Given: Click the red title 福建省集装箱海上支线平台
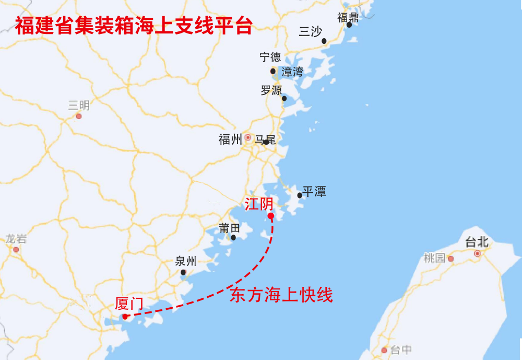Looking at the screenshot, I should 133,25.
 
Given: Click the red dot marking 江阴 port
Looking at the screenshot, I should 270,216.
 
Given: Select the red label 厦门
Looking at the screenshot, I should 129,304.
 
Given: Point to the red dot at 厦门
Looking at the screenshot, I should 125,316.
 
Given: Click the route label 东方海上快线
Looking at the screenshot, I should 281,296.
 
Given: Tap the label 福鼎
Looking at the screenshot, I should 348,17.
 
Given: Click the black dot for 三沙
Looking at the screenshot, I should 324,41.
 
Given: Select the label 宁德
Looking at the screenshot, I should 270,57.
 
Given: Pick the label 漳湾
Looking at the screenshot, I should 292,72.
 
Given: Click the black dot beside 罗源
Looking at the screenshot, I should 284,98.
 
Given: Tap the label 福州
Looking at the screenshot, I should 230,140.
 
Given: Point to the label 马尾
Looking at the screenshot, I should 265,140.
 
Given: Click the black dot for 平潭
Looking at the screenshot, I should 300,195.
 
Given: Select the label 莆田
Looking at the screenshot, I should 230,228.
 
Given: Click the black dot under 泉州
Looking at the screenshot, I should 183,272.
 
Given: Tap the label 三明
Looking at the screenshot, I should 79,106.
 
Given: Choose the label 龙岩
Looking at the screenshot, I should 16,239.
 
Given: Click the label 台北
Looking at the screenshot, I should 477,242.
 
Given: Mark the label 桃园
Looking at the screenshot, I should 435,258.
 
